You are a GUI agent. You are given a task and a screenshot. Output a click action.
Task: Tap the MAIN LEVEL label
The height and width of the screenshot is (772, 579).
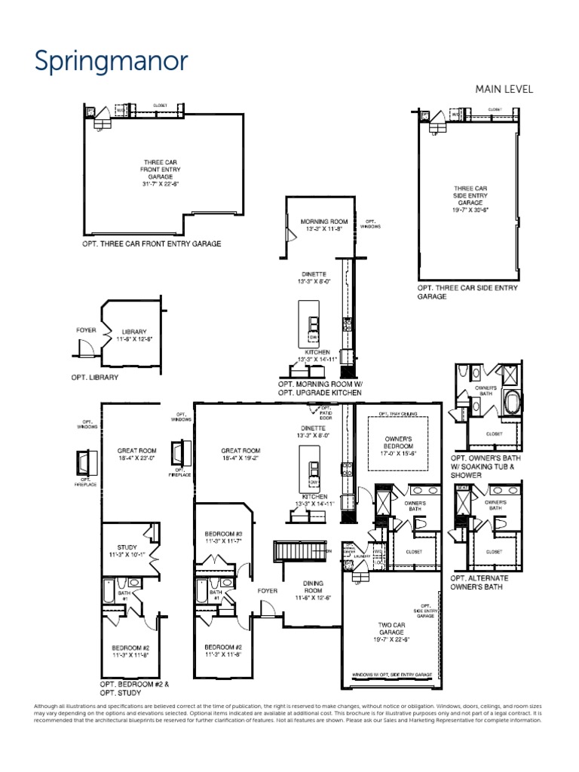tap(504, 89)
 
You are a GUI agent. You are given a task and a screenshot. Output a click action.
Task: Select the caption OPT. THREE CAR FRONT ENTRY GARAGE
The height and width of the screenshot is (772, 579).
tap(152, 244)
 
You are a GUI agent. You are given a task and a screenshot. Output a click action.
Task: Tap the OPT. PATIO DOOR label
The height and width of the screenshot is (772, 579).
tap(326, 412)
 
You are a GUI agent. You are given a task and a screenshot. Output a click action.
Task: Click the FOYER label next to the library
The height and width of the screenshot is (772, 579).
tap(87, 330)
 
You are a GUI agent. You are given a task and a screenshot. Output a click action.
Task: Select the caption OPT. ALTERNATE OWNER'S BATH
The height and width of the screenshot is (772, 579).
tap(479, 583)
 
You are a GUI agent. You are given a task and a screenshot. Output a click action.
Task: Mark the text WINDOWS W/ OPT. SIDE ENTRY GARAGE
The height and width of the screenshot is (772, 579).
tap(391, 675)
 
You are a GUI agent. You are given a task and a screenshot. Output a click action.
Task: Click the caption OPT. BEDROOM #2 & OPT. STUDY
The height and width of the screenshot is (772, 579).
tap(134, 688)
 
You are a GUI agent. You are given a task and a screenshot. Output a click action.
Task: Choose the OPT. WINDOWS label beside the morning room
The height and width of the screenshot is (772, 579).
tap(370, 224)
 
